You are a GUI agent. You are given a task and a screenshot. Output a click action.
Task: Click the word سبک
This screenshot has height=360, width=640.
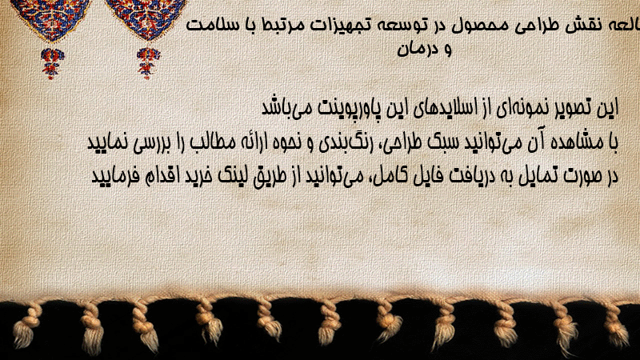tap(442, 142)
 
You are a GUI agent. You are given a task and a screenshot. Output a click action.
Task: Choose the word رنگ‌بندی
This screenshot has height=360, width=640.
tap(350, 142)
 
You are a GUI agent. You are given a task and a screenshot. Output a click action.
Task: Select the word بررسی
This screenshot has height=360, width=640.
tap(146, 144)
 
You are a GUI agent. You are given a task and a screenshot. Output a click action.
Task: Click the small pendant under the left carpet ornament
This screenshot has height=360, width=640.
tap(52, 63)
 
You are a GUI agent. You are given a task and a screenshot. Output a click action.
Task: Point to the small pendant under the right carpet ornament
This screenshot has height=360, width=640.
tap(148, 62)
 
